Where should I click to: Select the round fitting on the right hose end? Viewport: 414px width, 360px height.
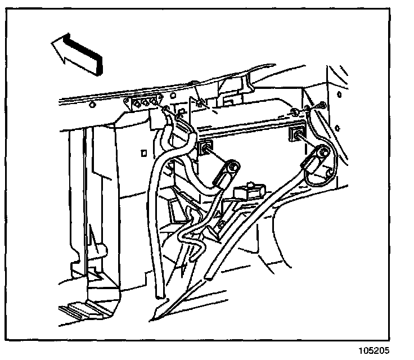(321, 152)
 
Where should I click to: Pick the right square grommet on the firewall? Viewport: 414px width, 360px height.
(296, 136)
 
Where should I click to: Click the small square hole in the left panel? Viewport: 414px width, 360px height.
(145, 152)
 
